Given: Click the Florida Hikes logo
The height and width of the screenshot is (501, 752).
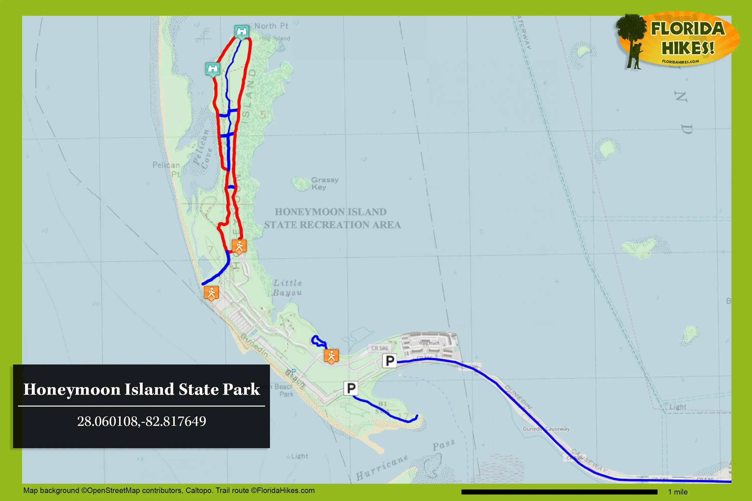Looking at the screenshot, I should [678, 40].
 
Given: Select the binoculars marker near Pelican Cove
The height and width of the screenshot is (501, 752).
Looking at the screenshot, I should [213, 69].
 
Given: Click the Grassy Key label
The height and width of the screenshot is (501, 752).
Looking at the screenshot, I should [325, 183].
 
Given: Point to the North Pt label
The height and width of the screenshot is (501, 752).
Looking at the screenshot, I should [271, 26].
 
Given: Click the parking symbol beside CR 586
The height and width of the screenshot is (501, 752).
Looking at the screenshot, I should [390, 361].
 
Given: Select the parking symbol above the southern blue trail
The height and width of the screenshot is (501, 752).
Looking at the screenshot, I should [351, 388].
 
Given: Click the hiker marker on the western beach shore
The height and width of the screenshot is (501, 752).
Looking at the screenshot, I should [211, 293].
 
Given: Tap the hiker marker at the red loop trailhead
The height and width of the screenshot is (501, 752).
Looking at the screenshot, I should [239, 246].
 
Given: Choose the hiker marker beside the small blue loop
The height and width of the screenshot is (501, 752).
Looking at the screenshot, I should [331, 356].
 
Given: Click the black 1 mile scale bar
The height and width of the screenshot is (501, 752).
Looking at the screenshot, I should [559, 492].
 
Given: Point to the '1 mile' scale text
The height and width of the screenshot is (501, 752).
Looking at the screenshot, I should [678, 492].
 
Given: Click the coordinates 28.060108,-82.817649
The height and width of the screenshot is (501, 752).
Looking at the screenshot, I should [142, 421].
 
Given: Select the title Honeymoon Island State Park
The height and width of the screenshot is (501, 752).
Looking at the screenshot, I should [142, 389].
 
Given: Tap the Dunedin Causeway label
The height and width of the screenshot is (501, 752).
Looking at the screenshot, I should [546, 429].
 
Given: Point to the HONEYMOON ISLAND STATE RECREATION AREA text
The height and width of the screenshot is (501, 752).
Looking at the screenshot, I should [332, 218].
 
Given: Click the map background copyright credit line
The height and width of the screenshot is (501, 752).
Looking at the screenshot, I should [169, 490].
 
